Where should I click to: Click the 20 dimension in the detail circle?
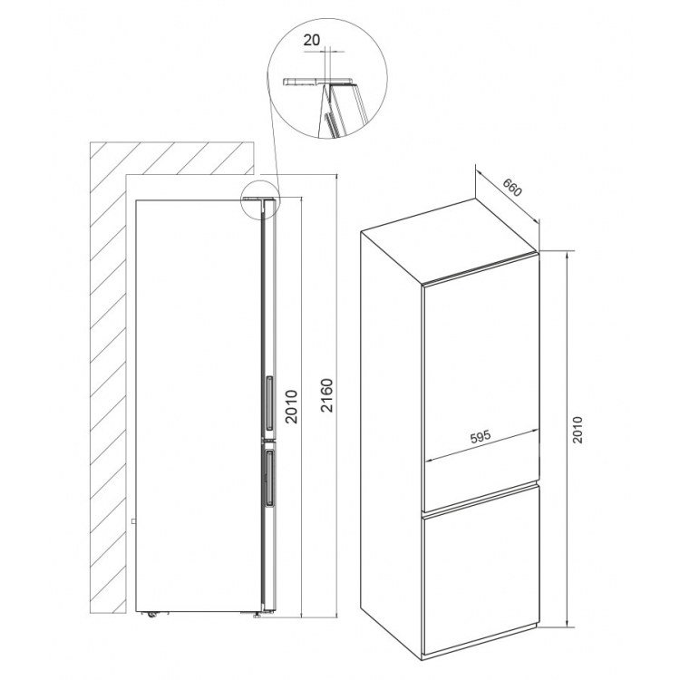pyautogui.click(x=311, y=40)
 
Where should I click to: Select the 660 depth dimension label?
pyautogui.click(x=512, y=188)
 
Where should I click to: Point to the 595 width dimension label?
pyautogui.click(x=481, y=436)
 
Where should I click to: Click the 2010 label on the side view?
pyautogui.click(x=291, y=407)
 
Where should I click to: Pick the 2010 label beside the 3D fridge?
pyautogui.click(x=578, y=430)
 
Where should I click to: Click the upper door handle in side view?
pyautogui.click(x=269, y=403)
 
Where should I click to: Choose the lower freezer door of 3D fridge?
pyautogui.click(x=481, y=569)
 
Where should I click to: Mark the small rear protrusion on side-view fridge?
pyautogui.click(x=134, y=520)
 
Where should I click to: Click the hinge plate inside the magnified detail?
pyautogui.click(x=319, y=82)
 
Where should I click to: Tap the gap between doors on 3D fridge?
pyautogui.click(x=481, y=499)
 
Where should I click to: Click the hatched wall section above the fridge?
pyautogui.click(x=171, y=159)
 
